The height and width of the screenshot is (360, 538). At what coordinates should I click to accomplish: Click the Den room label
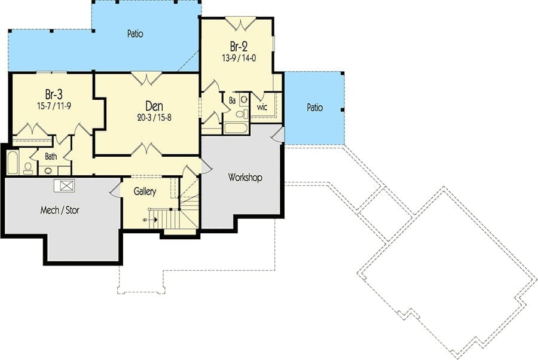click(x=154, y=106)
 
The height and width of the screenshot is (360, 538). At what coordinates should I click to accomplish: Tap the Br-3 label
click(x=54, y=94)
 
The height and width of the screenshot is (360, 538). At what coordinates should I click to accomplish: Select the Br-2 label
click(x=239, y=46)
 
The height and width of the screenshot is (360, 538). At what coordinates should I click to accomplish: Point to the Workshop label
click(x=245, y=178)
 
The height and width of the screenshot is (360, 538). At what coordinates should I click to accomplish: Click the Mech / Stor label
click(x=60, y=210)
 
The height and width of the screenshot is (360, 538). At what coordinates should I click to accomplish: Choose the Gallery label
click(x=145, y=191)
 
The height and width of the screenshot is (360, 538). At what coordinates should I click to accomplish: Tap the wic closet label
click(x=262, y=107)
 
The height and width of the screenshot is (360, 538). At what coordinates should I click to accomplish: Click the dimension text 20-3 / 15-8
click(x=154, y=118)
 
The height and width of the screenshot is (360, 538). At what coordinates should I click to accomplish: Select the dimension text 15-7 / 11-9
click(x=54, y=106)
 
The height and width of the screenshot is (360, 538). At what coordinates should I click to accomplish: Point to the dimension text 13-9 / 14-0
click(x=239, y=58)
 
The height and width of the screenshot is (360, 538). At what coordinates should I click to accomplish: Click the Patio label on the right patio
click(x=314, y=108)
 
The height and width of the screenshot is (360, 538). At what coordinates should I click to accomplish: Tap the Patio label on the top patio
click(x=135, y=33)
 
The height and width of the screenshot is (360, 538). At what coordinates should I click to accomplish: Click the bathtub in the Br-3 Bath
click(x=13, y=162)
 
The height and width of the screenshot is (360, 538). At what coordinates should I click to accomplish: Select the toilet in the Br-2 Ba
click(x=242, y=114)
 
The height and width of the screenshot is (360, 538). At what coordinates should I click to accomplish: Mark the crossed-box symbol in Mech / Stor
click(x=65, y=185)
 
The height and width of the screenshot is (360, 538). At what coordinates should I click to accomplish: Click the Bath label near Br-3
click(x=51, y=157)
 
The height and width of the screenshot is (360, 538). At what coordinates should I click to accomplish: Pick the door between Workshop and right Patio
click(x=279, y=134)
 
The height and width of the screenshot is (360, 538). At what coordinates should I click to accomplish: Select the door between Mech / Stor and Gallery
click(x=115, y=189)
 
